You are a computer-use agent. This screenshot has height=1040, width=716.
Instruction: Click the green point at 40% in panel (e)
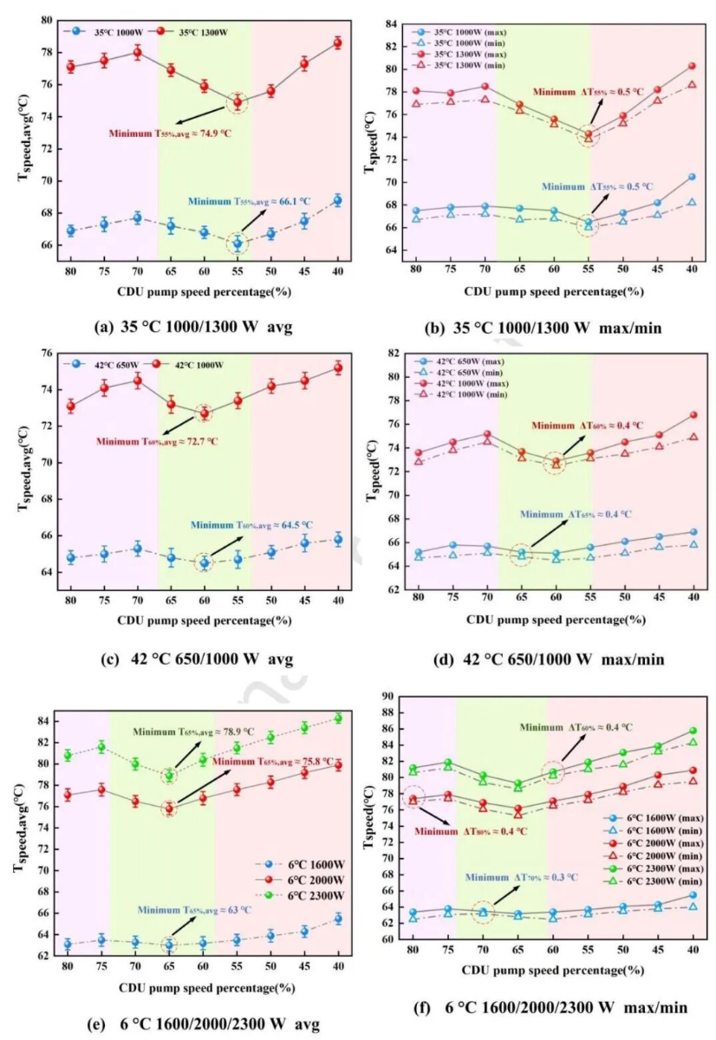point(337,718)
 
